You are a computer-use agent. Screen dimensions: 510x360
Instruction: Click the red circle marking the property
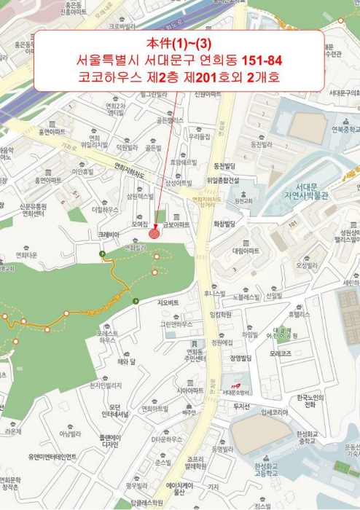click(154, 234)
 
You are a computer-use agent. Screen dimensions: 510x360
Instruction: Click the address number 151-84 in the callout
click(254, 58)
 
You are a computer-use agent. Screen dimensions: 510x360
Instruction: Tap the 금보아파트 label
click(178, 225)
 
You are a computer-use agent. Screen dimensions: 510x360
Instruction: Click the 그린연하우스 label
click(176, 323)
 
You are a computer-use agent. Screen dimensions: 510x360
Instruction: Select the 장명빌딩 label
click(240, 358)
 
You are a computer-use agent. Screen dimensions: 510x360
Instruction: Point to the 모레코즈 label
click(280, 353)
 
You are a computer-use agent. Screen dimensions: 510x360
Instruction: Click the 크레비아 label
click(108, 235)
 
